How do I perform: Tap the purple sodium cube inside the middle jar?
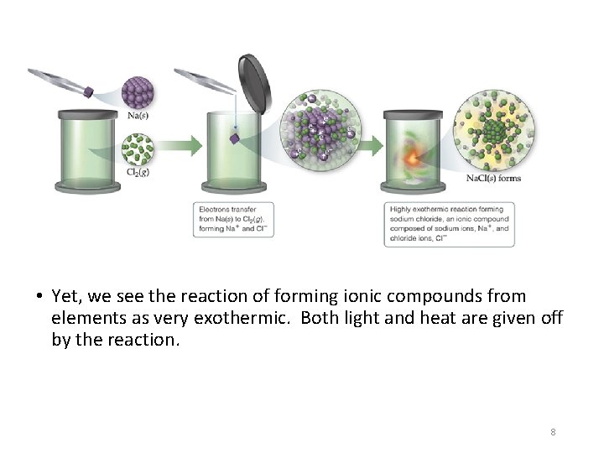tap(237, 138)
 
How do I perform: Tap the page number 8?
tap(553, 432)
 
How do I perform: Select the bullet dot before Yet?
tap(40, 296)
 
